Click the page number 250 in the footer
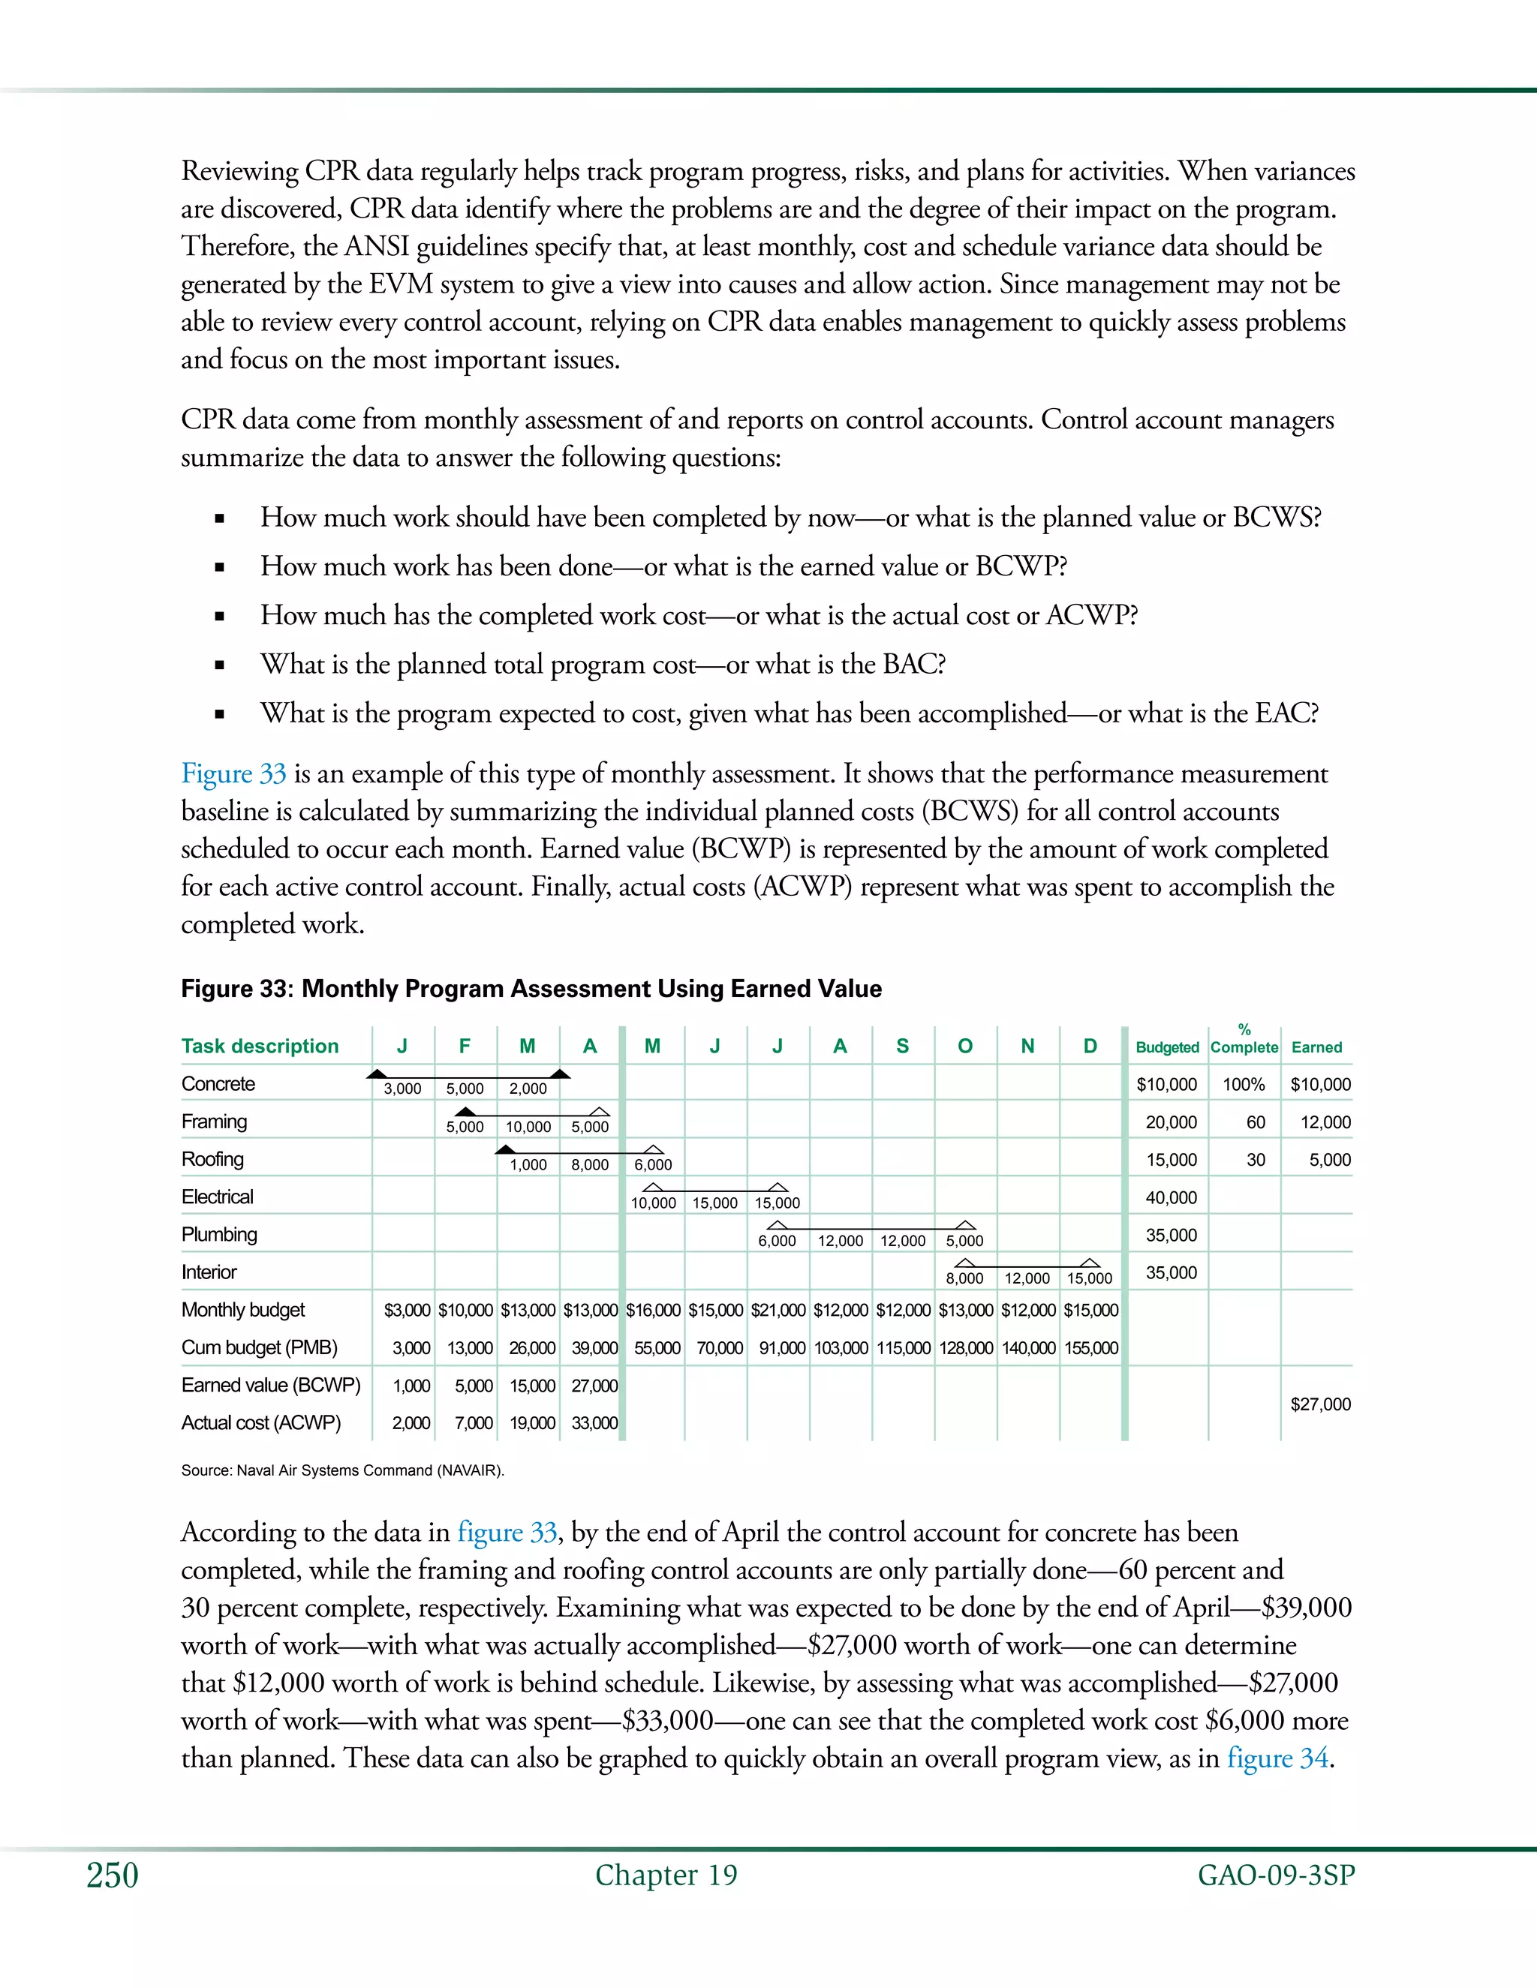pyautogui.click(x=112, y=1876)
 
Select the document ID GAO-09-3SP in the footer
pyautogui.click(x=1276, y=1876)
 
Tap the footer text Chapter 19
pyautogui.click(x=666, y=1875)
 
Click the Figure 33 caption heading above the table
pyautogui.click(x=531, y=989)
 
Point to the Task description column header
pyautogui.click(x=260, y=1046)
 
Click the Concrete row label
pyautogui.click(x=218, y=1084)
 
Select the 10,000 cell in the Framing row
pyautogui.click(x=528, y=1127)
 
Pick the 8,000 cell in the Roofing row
pyautogui.click(x=590, y=1165)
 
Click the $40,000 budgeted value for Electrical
pyautogui.click(x=1171, y=1198)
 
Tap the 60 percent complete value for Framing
pyautogui.click(x=1255, y=1122)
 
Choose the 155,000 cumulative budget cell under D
pyautogui.click(x=1090, y=1348)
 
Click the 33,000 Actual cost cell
pyautogui.click(x=594, y=1422)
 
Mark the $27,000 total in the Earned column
pyautogui.click(x=1320, y=1404)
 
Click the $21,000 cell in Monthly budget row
pyautogui.click(x=778, y=1311)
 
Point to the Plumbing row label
pyautogui.click(x=218, y=1236)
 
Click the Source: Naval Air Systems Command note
pyautogui.click(x=342, y=1470)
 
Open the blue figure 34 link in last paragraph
pyautogui.click(x=1277, y=1758)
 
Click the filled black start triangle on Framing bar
pyautogui.click(x=465, y=1112)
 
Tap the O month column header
pyautogui.click(x=965, y=1046)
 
